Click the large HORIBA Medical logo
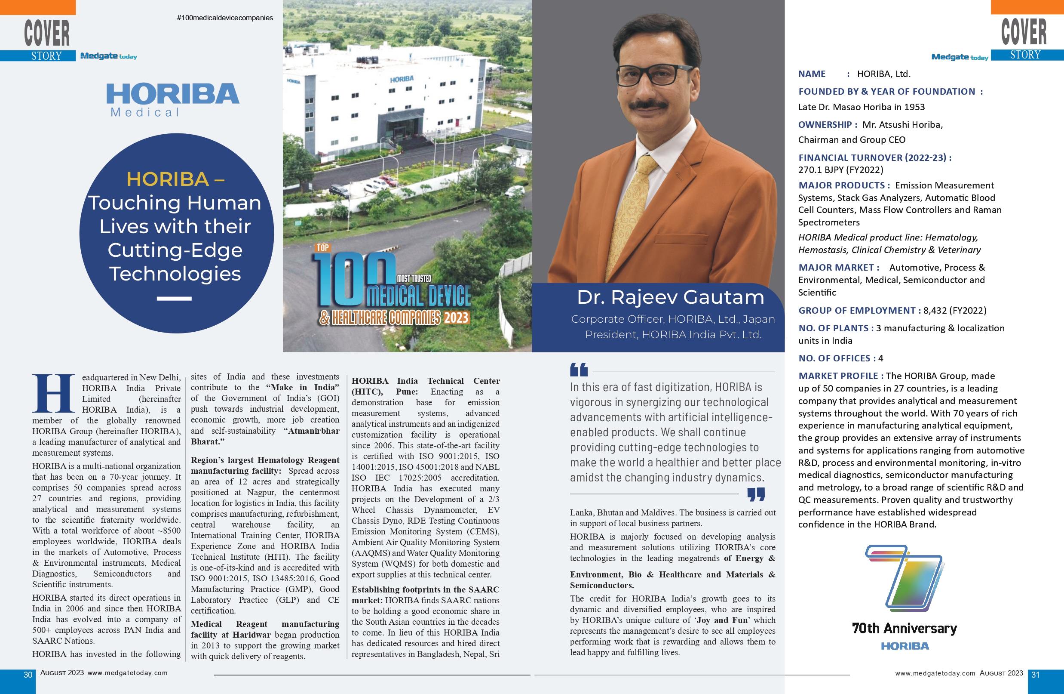click(x=172, y=99)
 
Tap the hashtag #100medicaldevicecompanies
click(x=225, y=18)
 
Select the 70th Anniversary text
click(x=905, y=629)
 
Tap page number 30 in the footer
click(x=28, y=675)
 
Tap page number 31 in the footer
click(x=1035, y=675)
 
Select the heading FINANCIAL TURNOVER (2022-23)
click(x=875, y=157)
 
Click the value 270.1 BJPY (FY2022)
click(x=840, y=170)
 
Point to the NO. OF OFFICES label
click(x=834, y=358)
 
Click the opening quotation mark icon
click(x=579, y=370)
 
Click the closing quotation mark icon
click(x=756, y=494)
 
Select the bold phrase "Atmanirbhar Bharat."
click(x=265, y=436)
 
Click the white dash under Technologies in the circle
click(x=175, y=299)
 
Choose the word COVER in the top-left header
click(x=47, y=32)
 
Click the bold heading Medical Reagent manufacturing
click(x=265, y=624)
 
